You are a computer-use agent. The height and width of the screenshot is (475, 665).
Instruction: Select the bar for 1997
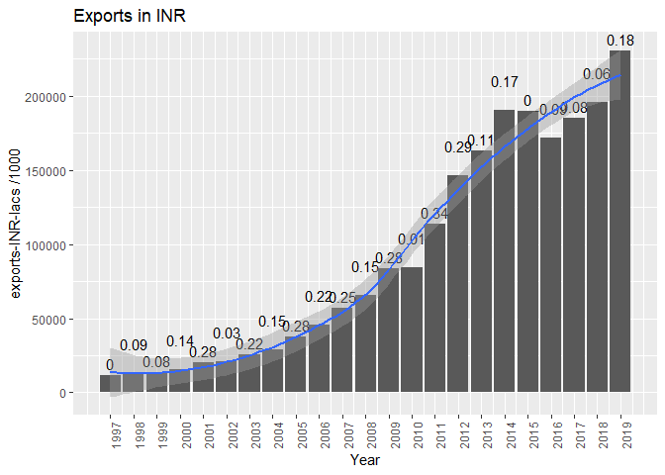point(111,383)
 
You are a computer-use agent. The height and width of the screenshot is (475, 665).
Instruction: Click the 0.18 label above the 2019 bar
point(620,40)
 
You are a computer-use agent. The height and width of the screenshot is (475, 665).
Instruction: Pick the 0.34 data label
point(434,214)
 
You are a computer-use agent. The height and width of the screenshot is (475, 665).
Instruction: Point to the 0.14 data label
point(180,341)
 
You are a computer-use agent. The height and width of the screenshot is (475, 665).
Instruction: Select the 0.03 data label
point(227,332)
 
